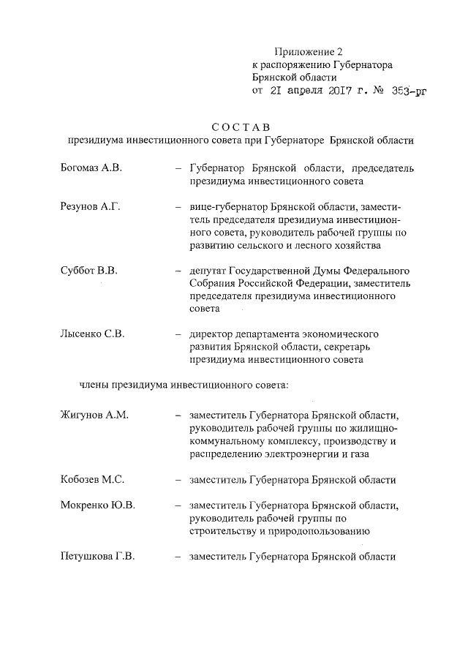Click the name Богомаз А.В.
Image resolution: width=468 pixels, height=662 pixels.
(91, 168)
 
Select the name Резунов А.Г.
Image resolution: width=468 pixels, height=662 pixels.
(89, 208)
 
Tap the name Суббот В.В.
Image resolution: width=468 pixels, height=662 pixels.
(88, 271)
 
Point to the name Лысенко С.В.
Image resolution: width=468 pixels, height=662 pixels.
(92, 334)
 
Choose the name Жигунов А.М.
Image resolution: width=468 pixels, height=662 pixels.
(94, 415)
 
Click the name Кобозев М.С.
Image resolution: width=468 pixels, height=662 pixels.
(92, 480)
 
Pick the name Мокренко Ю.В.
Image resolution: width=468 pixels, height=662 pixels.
(97, 505)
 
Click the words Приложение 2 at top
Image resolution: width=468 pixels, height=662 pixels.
(308, 52)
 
